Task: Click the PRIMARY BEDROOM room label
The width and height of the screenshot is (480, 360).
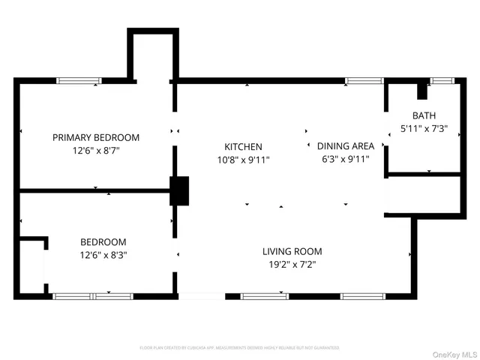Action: [x=95, y=137]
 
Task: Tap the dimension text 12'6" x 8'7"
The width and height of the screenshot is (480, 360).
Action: [x=95, y=150]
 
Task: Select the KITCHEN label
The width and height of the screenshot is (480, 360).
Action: [x=244, y=147]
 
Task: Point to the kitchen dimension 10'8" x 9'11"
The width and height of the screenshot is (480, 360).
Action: [x=244, y=160]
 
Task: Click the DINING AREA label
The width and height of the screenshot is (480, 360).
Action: [x=346, y=146]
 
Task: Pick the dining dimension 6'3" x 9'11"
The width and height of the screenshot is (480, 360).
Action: [x=346, y=159]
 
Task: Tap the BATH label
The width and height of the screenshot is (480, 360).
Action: [x=424, y=115]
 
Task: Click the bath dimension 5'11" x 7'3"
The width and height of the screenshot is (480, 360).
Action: [x=424, y=128]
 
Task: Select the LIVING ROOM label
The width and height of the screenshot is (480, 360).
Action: [x=292, y=251]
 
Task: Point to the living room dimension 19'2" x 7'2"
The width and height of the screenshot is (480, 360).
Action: [x=292, y=264]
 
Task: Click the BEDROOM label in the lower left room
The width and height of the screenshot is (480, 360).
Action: [x=103, y=242]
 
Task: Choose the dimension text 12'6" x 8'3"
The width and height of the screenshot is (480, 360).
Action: [x=103, y=255]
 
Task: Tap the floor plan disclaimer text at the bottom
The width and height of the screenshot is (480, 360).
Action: [x=239, y=348]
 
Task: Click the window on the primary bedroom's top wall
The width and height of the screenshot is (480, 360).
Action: [x=79, y=80]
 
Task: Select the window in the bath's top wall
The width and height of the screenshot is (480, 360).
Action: [x=442, y=80]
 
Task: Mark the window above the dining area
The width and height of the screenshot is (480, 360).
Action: [x=364, y=80]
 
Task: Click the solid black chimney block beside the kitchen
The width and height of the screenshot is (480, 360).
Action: [x=180, y=190]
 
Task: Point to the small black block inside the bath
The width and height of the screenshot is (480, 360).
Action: [x=421, y=91]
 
